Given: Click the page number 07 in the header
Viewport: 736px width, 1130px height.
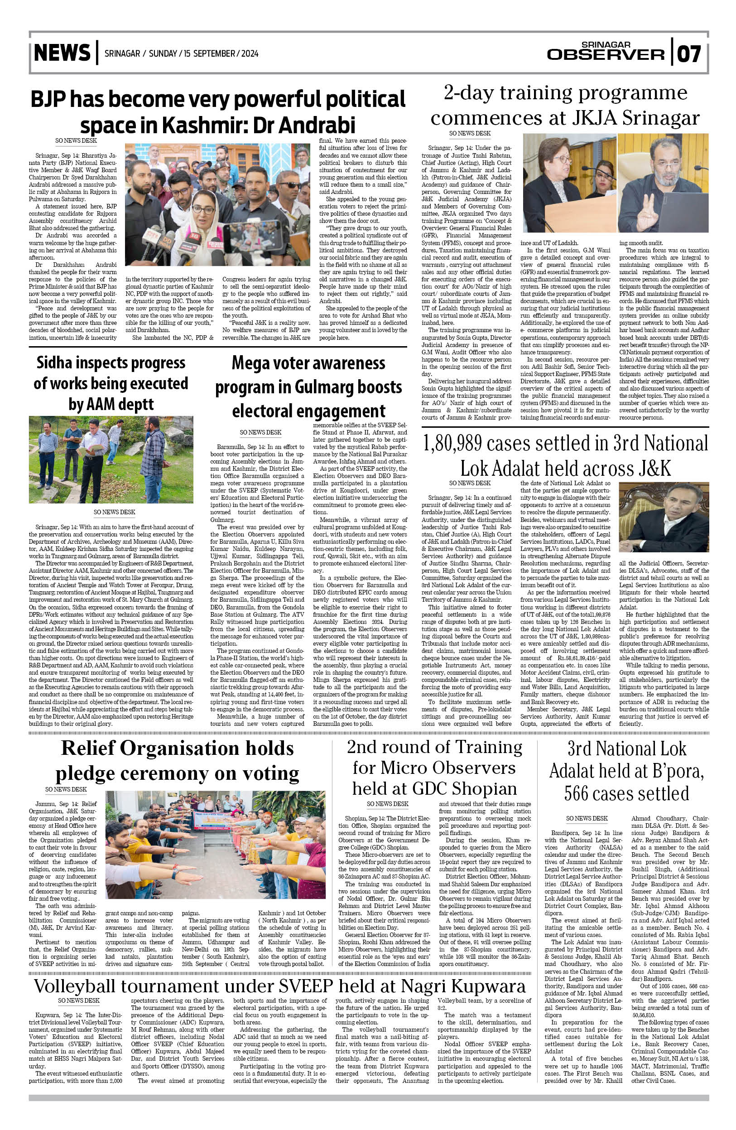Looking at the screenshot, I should (688, 54).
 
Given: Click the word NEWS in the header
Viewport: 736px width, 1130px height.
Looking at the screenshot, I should (62, 53).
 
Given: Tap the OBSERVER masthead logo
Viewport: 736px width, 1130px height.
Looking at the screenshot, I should (606, 54).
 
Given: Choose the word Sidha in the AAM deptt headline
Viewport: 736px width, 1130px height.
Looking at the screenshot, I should (54, 363).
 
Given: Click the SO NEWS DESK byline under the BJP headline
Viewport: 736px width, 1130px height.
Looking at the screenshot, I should (76, 140).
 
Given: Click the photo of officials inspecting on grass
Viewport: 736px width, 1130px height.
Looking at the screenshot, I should (111, 459).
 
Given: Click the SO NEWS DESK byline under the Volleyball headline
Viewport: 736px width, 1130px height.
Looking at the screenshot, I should (79, 1000).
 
